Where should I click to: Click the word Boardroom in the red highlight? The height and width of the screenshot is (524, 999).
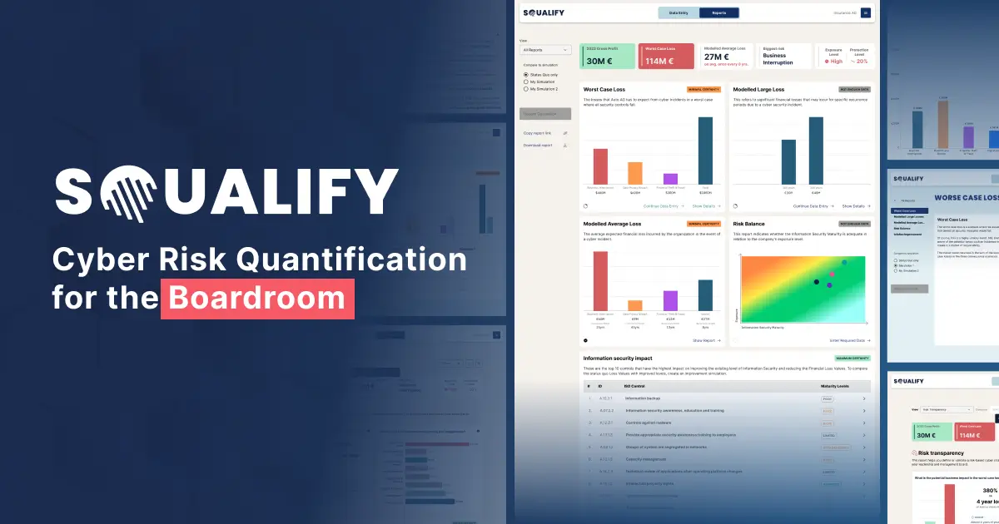pos(257,299)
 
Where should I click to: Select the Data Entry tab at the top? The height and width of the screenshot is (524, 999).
pos(678,12)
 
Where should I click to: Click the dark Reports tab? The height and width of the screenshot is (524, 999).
pos(718,12)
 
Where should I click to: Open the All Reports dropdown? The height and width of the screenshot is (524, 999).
pos(545,50)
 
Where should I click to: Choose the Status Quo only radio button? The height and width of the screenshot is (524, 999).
pos(525,75)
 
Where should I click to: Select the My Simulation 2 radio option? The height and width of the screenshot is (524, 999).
pos(525,88)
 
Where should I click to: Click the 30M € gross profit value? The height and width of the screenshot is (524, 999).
pos(599,61)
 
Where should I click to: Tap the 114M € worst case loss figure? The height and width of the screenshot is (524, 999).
pos(660,61)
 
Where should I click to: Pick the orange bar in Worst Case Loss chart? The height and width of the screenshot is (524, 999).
pos(635,172)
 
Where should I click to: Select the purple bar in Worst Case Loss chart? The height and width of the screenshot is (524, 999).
pos(670,178)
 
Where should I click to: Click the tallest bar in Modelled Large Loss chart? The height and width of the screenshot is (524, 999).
pos(816,150)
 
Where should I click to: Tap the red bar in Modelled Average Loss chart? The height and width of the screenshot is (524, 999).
pos(600,280)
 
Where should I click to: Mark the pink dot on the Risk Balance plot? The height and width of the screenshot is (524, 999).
pos(832,274)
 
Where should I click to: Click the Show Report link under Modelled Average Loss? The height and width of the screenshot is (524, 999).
pos(706,340)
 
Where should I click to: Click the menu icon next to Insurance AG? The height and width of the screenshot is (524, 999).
pos(866,12)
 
